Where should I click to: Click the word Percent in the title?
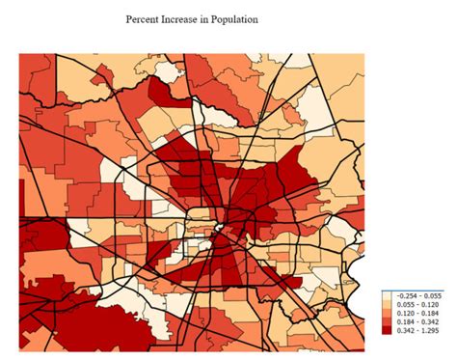[x=145, y=18]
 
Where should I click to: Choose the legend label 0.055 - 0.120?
[x=417, y=304]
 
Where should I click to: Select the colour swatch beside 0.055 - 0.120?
[x=389, y=304]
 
